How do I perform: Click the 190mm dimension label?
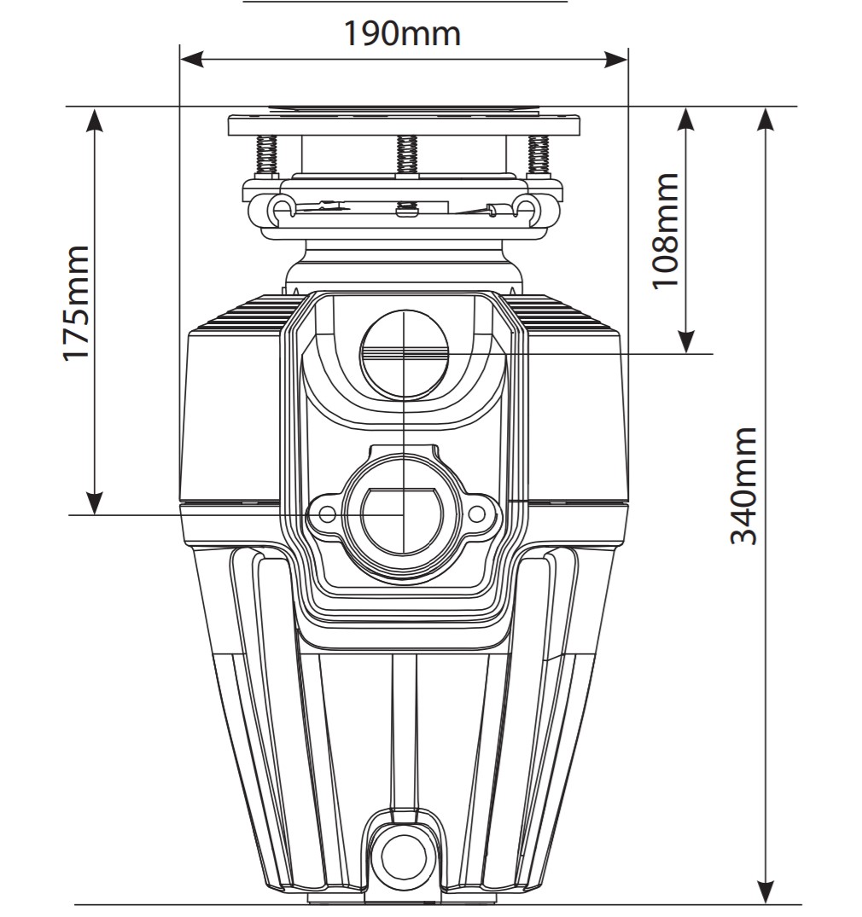pyautogui.click(x=402, y=34)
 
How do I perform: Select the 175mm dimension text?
pyautogui.click(x=78, y=304)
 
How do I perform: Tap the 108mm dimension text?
pyautogui.click(x=667, y=230)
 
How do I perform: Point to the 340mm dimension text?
pyautogui.click(x=743, y=485)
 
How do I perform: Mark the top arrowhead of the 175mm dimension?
pyautogui.click(x=95, y=119)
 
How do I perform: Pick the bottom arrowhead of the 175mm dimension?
pyautogui.click(x=95, y=503)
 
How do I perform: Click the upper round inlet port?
pyautogui.click(x=403, y=351)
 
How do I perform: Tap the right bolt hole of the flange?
pyautogui.click(x=477, y=514)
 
